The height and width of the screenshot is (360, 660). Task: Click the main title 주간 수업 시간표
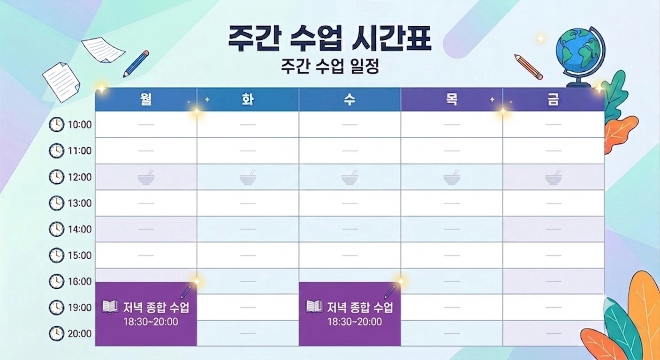[330, 38]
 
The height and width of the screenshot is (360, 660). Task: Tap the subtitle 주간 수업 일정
[330, 66]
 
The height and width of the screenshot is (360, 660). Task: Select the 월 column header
[146, 99]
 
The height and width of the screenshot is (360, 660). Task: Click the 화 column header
[248, 99]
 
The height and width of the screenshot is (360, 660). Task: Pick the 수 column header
[350, 99]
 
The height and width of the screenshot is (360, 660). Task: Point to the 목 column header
[452, 99]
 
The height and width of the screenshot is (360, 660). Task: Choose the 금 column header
[554, 99]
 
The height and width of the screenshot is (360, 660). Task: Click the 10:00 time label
[80, 125]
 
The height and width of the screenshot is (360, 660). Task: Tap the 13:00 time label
[80, 203]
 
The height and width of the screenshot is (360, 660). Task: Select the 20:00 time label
[80, 334]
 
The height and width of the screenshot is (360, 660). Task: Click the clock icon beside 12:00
[56, 177]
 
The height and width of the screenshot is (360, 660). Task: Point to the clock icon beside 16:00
[56, 281]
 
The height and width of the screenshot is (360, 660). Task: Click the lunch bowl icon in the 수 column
[350, 177]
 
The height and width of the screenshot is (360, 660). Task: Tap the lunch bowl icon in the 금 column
[554, 177]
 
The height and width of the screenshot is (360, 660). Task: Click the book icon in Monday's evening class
[110, 307]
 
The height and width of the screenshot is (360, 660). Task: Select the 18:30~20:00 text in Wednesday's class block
[355, 322]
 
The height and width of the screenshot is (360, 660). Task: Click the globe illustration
[580, 57]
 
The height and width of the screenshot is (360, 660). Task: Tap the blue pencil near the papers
[136, 64]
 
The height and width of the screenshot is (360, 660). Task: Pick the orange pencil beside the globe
[529, 67]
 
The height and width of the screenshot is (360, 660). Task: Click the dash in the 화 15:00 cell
[248, 255]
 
